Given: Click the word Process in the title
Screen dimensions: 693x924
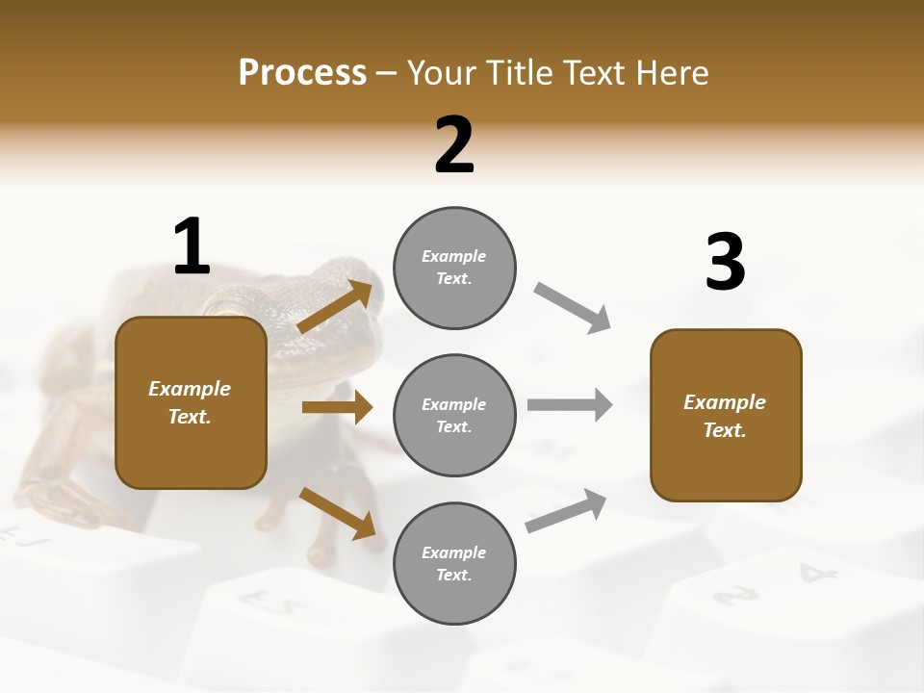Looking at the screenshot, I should tap(302, 73).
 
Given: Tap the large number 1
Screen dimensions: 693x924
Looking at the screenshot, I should tap(192, 246).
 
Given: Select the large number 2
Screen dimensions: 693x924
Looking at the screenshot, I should tap(454, 145).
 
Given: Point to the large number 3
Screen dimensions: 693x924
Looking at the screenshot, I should tap(725, 263).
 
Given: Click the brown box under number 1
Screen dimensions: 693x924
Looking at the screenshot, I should tap(191, 402).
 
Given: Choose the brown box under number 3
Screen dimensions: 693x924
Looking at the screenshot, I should tap(726, 415).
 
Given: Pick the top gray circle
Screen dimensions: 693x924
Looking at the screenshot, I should tap(454, 268).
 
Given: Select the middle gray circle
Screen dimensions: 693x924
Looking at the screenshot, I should tap(454, 415).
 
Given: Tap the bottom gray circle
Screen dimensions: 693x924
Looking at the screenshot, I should tap(454, 563).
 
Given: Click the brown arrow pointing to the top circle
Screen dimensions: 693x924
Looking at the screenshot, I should tap(335, 307).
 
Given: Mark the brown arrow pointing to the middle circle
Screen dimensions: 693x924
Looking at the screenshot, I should tap(337, 408).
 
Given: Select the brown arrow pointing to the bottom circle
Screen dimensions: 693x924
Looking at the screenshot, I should tap(337, 513).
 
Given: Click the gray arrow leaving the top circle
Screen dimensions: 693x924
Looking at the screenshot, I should tap(573, 307).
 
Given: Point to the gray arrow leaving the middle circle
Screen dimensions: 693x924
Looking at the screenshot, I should tap(569, 404).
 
